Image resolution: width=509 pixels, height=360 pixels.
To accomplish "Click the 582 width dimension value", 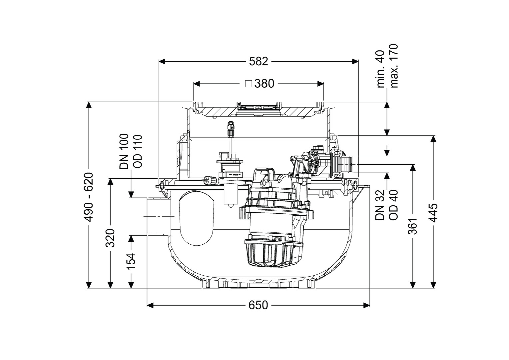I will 258,61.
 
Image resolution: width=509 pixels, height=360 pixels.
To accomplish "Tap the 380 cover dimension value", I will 264,84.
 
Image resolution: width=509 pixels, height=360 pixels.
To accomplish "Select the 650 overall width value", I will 258,305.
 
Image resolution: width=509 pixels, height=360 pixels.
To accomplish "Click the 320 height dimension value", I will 110,238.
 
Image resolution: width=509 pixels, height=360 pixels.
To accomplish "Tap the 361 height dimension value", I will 413,226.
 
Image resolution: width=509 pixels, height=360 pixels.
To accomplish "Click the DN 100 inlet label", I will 124,152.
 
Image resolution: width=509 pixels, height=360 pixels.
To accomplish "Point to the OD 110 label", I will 138,152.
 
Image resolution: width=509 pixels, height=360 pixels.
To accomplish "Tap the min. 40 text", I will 380,69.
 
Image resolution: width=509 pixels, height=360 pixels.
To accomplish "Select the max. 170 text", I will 394,66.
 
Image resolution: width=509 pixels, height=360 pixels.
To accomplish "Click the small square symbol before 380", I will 248,84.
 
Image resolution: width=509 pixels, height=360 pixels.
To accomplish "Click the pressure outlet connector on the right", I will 346,164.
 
